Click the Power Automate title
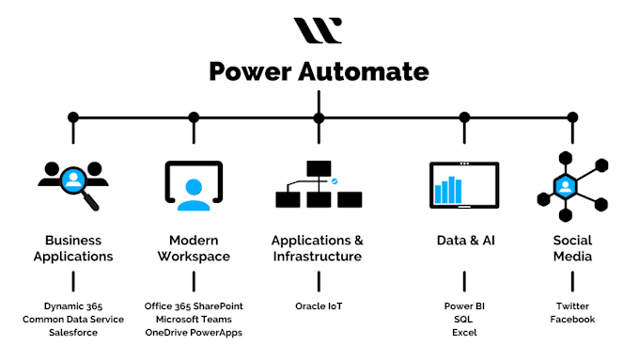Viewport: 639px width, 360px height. [x=319, y=70]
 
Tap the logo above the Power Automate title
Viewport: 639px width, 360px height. [x=318, y=31]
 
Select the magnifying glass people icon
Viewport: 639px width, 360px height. [x=73, y=184]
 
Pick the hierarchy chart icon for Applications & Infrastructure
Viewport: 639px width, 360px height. [x=318, y=184]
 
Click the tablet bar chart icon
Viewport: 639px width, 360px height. [x=464, y=185]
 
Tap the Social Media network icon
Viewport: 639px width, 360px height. [x=572, y=183]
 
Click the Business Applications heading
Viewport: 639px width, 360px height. [x=73, y=248]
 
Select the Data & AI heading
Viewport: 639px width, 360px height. [x=464, y=241]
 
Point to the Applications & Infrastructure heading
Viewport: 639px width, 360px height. [x=318, y=248]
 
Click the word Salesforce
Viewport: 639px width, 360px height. [x=73, y=333]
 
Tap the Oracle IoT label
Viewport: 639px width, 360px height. [x=318, y=306]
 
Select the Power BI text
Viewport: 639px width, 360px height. [x=464, y=306]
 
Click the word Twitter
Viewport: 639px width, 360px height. [x=572, y=306]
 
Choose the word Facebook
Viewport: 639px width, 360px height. [x=572, y=320]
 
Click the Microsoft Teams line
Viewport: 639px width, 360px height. [x=194, y=320]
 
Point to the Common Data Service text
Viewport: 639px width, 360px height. [x=73, y=320]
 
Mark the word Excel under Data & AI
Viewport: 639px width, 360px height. [x=464, y=333]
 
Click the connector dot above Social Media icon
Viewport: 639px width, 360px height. [x=572, y=117]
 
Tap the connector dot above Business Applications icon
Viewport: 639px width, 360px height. [x=73, y=117]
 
